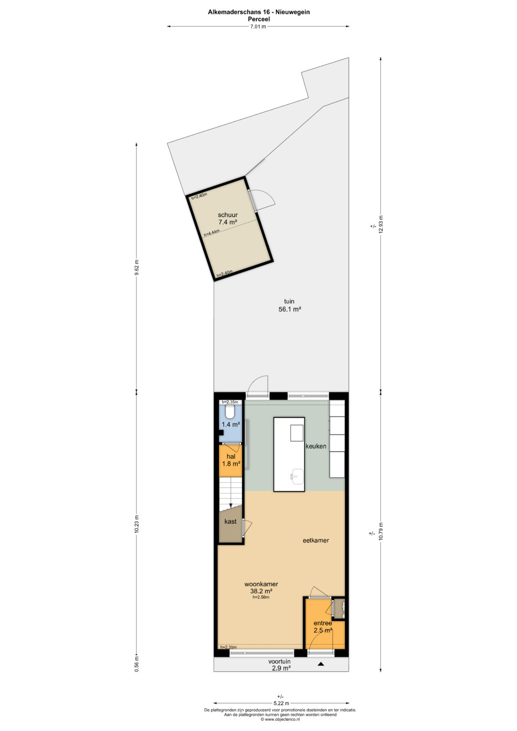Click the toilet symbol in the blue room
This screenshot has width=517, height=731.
pyautogui.click(x=230, y=413)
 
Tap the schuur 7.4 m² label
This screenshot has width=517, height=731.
pyautogui.click(x=228, y=218)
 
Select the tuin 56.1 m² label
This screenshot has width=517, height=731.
pyautogui.click(x=290, y=305)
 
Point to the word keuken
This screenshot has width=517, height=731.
pyautogui.click(x=316, y=446)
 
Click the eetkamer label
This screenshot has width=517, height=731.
pyautogui.click(x=316, y=540)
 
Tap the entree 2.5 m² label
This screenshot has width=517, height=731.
pyautogui.click(x=323, y=627)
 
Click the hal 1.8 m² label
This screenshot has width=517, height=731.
pyautogui.click(x=231, y=460)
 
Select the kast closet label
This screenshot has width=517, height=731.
pyautogui.click(x=230, y=521)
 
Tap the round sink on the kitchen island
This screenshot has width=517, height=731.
pyautogui.click(x=298, y=477)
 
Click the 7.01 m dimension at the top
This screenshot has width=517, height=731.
pyautogui.click(x=258, y=27)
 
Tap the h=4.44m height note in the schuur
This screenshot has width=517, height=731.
pyautogui.click(x=212, y=233)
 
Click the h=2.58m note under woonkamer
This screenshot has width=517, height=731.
pyautogui.click(x=261, y=597)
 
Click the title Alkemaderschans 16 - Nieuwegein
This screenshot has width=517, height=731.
pyautogui.click(x=259, y=12)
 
